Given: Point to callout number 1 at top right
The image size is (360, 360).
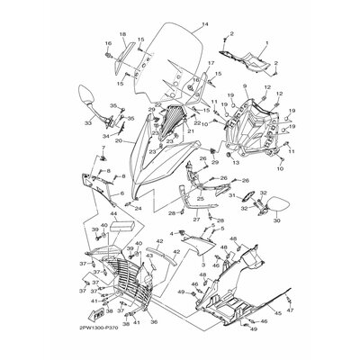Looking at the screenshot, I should pyautogui.click(x=267, y=45).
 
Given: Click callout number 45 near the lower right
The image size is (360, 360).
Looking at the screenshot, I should pyautogui.click(x=277, y=312).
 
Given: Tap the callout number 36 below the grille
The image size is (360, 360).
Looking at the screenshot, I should pyautogui.click(x=152, y=321).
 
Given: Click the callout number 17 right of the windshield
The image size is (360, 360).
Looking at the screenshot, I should pyautogui.click(x=212, y=63).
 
